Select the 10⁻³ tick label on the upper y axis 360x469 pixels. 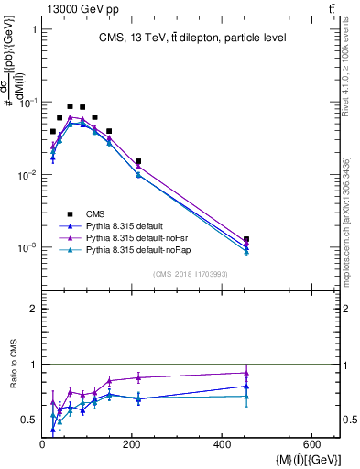point(27,248)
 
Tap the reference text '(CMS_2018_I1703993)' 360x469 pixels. point(191,274)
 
